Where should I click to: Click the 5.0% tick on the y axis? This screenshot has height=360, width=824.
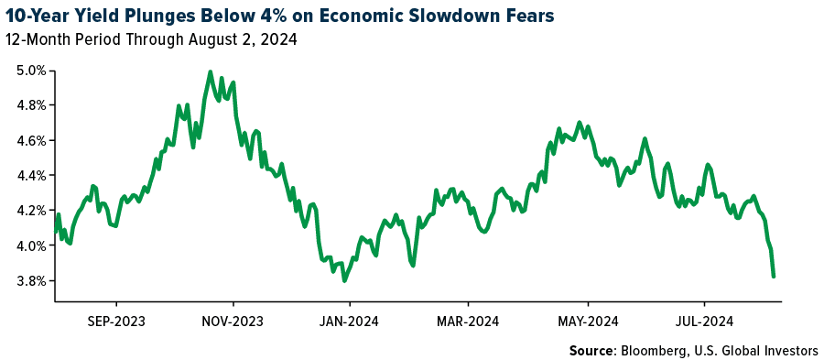click(x=30, y=71)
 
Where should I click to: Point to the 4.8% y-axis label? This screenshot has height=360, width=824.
click(x=30, y=105)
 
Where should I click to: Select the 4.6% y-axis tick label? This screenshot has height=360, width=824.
click(x=30, y=140)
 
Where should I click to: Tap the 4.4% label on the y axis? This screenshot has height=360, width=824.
click(x=30, y=175)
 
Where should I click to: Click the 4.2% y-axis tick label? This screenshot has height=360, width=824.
click(x=30, y=210)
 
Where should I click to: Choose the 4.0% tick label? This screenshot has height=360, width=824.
click(x=30, y=245)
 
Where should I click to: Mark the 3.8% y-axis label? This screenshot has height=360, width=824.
click(x=30, y=280)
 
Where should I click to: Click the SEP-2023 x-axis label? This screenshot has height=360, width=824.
click(x=116, y=321)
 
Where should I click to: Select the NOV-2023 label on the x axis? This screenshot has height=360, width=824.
click(x=233, y=321)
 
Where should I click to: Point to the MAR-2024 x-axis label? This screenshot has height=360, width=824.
click(x=468, y=321)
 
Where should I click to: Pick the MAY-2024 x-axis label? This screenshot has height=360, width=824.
click(x=587, y=321)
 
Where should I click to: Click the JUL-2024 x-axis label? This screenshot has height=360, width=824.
click(x=704, y=321)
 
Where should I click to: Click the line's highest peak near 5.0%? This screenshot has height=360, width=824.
click(x=211, y=72)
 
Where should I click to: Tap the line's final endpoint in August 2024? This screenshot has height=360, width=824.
click(x=774, y=276)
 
